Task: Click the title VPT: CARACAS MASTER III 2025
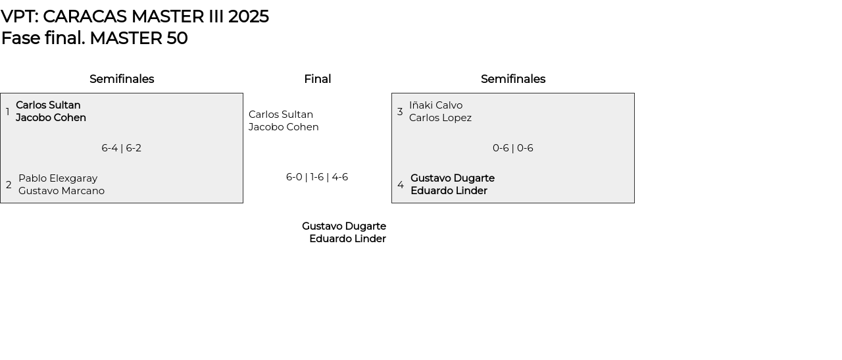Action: pyautogui.click(x=135, y=16)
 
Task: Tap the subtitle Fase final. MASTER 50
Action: pyautogui.click(x=94, y=38)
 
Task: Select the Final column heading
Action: pyautogui.click(x=317, y=79)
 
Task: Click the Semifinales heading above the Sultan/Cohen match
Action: pyautogui.click(x=122, y=79)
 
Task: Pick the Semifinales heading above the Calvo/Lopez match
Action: pyautogui.click(x=513, y=79)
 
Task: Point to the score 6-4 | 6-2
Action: pyautogui.click(x=122, y=148)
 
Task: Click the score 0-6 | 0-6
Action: pyautogui.click(x=513, y=148)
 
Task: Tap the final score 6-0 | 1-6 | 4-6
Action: pyautogui.click(x=317, y=177)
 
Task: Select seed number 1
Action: pyautogui.click(x=8, y=112)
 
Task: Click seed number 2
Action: pyautogui.click(x=9, y=185)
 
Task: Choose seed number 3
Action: pyautogui.click(x=400, y=112)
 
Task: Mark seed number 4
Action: pyautogui.click(x=401, y=185)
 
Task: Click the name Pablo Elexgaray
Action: pyautogui.click(x=58, y=178)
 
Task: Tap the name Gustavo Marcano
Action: pyautogui.click(x=61, y=191)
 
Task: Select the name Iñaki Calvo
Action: pyautogui.click(x=435, y=105)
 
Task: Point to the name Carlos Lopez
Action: pyautogui.click(x=440, y=118)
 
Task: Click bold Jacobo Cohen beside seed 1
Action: pyautogui.click(x=51, y=118)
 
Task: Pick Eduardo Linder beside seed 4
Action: pyautogui.click(x=449, y=191)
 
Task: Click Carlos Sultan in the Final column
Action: pyautogui.click(x=281, y=115)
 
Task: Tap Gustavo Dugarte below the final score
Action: pyautogui.click(x=344, y=226)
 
